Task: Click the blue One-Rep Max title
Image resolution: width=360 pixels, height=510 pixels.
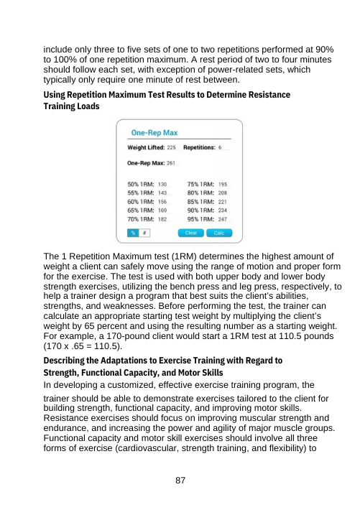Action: [x=153, y=133]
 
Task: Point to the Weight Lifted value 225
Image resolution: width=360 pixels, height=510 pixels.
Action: [x=171, y=148]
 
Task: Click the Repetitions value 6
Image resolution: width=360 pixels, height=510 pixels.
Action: [x=220, y=148]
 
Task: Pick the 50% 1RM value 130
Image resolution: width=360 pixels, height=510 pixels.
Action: [x=162, y=185]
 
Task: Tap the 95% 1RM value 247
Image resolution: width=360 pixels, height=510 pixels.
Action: [x=223, y=219]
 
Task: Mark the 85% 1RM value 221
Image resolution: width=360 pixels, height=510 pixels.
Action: [x=223, y=202]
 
